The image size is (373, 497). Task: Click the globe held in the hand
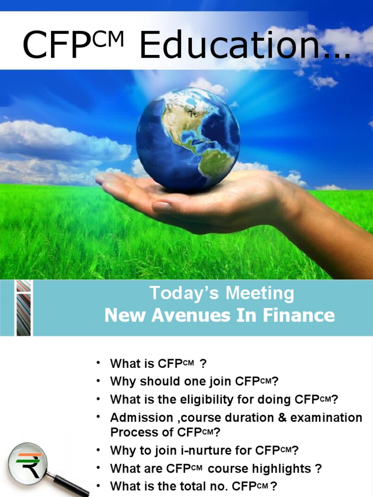click(188, 138)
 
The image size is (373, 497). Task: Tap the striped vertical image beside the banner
click(23, 308)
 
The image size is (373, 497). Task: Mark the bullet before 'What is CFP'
click(99, 363)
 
